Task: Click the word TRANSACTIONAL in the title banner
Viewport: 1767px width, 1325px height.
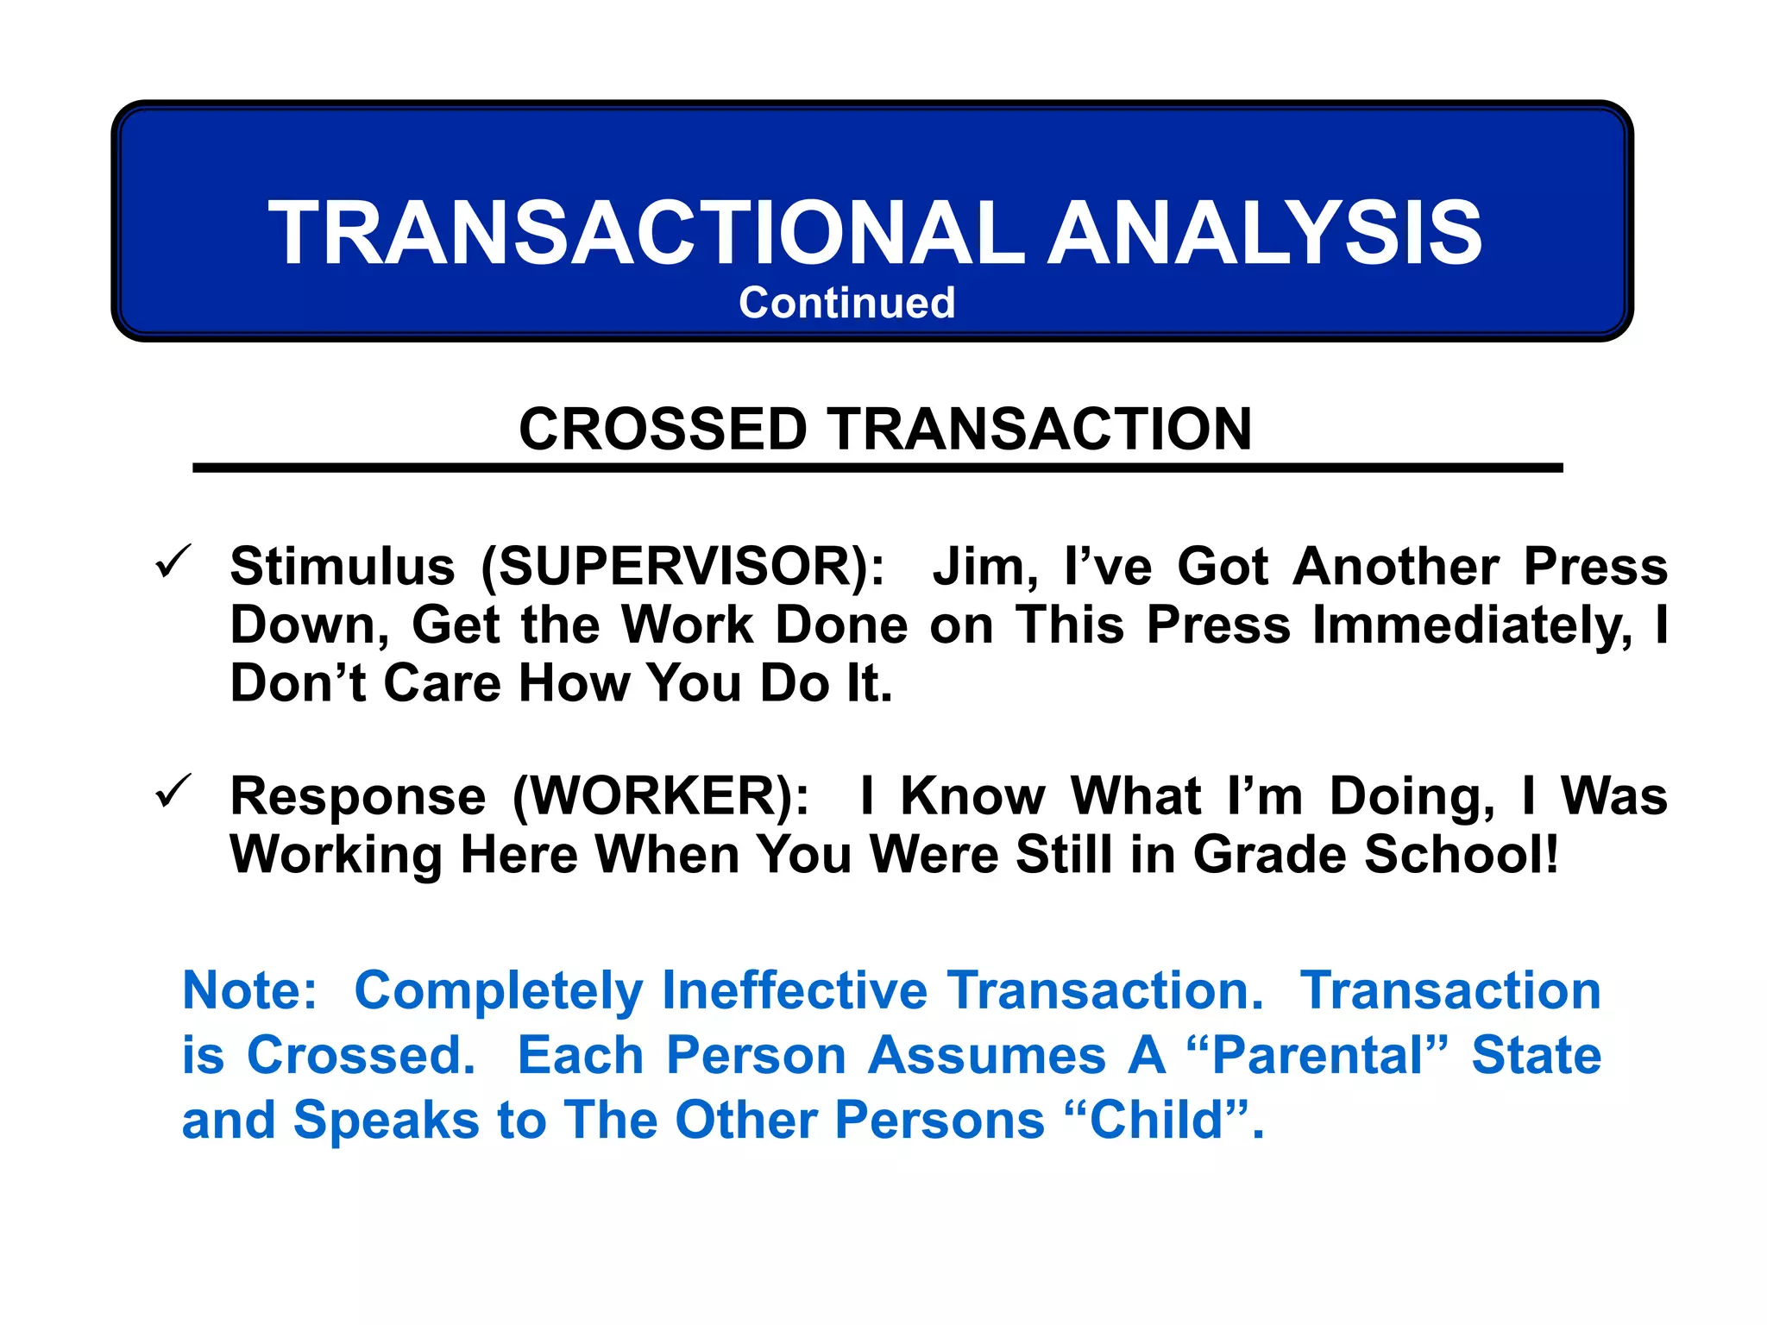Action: pyautogui.click(x=645, y=233)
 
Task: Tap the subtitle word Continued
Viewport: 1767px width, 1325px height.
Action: pyautogui.click(x=846, y=303)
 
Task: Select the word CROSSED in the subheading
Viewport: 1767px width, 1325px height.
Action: pyautogui.click(x=662, y=429)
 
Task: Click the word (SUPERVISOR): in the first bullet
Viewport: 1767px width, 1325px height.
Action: pyautogui.click(x=682, y=567)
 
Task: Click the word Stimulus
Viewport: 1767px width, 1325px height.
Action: pyautogui.click(x=342, y=567)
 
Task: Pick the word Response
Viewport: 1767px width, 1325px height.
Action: pyautogui.click(x=358, y=795)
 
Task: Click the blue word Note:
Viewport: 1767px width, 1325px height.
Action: pyautogui.click(x=249, y=990)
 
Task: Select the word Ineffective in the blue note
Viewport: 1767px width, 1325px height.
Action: pyautogui.click(x=794, y=990)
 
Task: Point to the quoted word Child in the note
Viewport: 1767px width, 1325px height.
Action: pyautogui.click(x=1156, y=1120)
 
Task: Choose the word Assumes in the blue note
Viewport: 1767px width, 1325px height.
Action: pyautogui.click(x=986, y=1055)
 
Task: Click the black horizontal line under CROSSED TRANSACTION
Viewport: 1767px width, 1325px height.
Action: pyautogui.click(x=877, y=468)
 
